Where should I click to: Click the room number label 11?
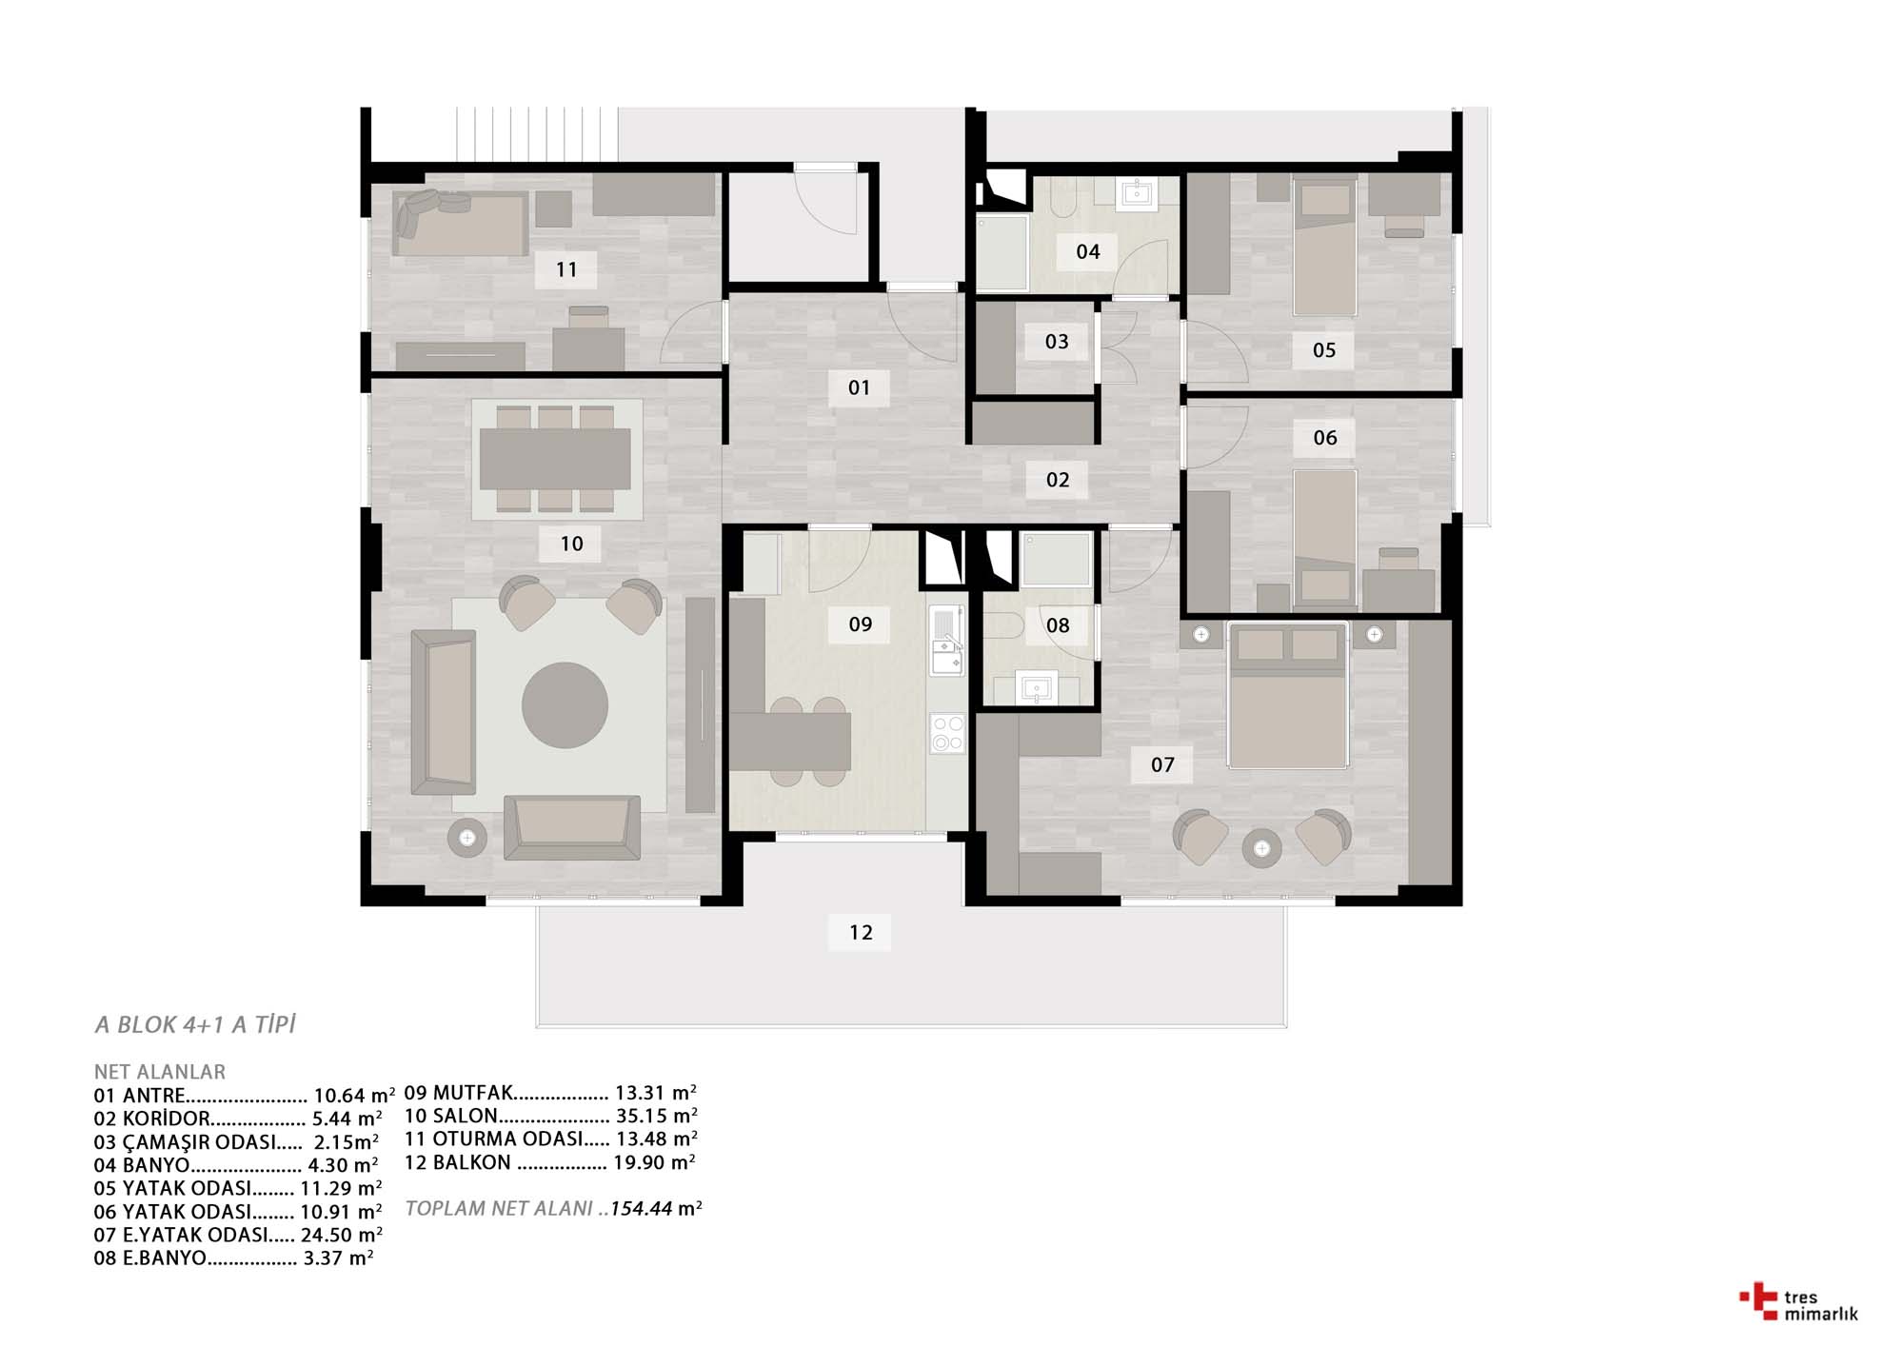[x=566, y=269]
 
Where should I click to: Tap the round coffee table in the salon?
[x=565, y=705]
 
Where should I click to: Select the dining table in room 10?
[x=555, y=459]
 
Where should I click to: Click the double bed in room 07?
[x=1287, y=695]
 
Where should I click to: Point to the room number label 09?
[x=861, y=624]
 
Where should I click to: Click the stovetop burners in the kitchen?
[x=947, y=734]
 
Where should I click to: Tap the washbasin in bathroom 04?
[x=1138, y=193]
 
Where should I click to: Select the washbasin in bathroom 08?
[x=1037, y=686]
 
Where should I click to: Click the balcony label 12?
[x=861, y=932]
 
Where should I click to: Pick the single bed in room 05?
[x=1325, y=247]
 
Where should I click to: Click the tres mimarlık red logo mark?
[x=1758, y=1301]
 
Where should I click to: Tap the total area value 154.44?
[x=642, y=1208]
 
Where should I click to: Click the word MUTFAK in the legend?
[x=473, y=1093]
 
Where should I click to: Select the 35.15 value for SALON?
[x=642, y=1116]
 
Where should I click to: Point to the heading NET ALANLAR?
[x=160, y=1072]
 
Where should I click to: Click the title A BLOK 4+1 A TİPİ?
[x=195, y=1024]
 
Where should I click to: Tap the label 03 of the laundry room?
[x=1057, y=342]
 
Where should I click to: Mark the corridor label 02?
[x=1058, y=480]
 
